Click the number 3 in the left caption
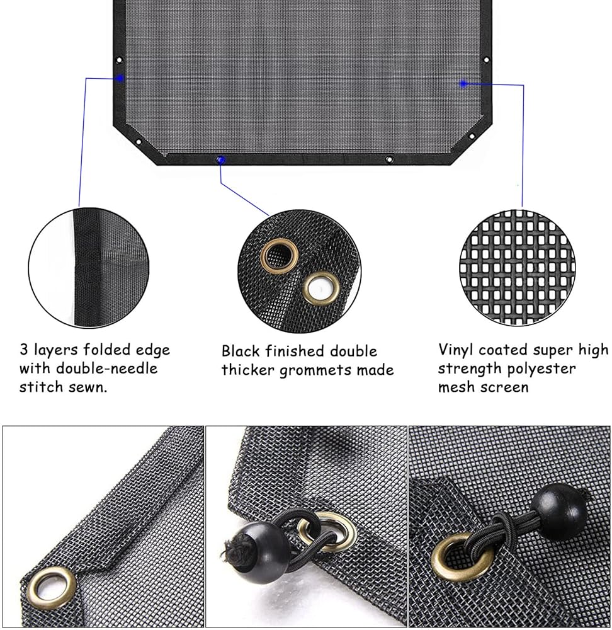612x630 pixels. coord(24,350)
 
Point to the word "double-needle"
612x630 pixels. coord(107,369)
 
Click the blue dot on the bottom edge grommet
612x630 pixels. coord(220,160)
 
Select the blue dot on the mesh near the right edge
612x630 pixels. coord(463,84)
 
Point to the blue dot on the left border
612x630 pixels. coord(119,78)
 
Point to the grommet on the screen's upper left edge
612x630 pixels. coord(119,60)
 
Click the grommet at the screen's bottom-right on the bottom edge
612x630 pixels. coord(388,159)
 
